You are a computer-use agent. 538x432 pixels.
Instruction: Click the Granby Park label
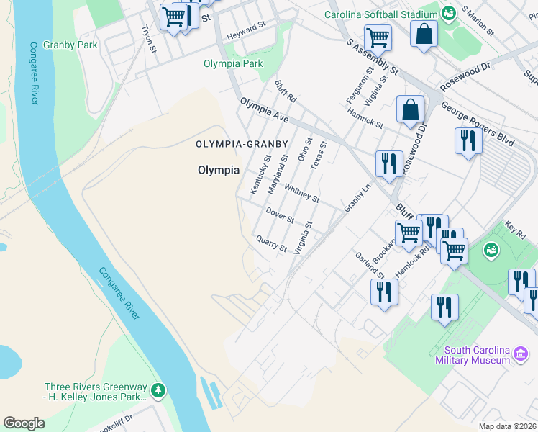(x=70, y=45)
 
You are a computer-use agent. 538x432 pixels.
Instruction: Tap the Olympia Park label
(x=232, y=63)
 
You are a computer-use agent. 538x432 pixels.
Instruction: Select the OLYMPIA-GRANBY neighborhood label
(x=242, y=144)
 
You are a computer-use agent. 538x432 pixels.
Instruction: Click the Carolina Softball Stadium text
(x=380, y=14)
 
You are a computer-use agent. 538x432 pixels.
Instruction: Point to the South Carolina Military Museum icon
(x=521, y=355)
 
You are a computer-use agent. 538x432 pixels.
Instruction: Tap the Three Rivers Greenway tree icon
(x=158, y=392)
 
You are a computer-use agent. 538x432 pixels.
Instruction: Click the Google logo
(x=24, y=423)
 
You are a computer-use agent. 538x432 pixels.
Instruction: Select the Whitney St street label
(x=301, y=193)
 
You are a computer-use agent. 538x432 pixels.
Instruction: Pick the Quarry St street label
(x=271, y=243)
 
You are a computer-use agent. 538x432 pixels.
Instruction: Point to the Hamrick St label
(x=365, y=118)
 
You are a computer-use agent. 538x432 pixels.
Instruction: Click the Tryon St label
(x=149, y=39)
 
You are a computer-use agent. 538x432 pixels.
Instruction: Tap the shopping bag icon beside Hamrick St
(x=410, y=110)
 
